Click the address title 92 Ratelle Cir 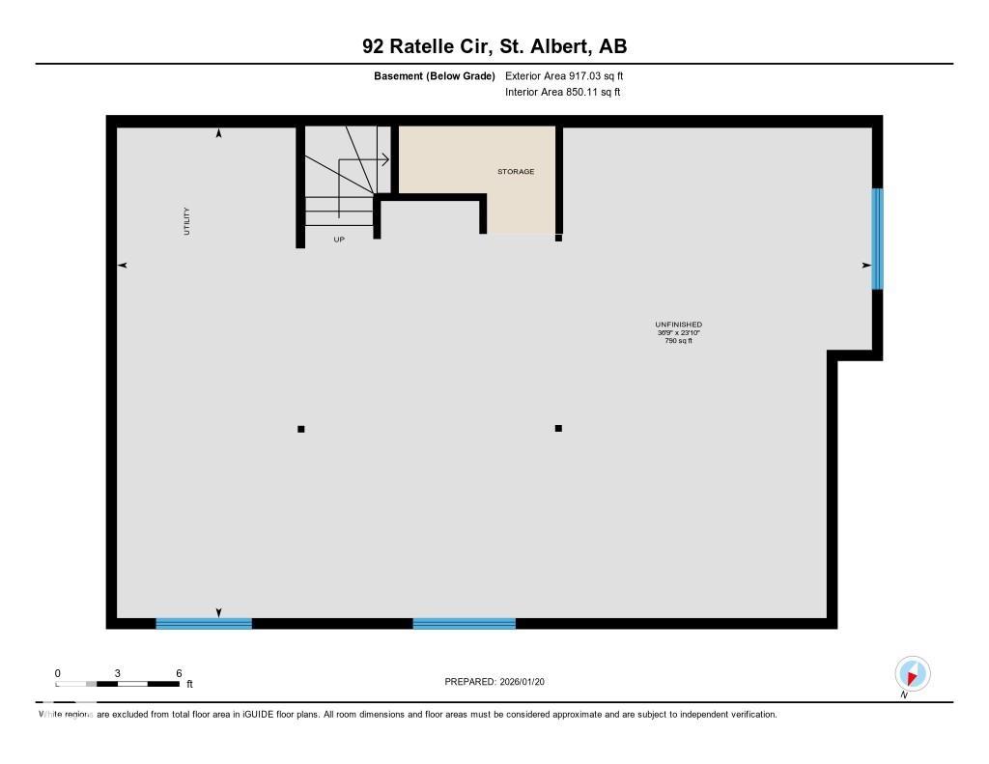494,46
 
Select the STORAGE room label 516,172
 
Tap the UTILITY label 187,221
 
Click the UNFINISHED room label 678,325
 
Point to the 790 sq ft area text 678,341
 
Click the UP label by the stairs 339,240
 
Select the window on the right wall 877,239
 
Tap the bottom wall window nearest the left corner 204,624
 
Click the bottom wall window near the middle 464,624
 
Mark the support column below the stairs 301,429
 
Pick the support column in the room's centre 558,428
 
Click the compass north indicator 912,674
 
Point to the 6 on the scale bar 179,672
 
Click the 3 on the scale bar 117,672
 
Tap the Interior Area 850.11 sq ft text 562,93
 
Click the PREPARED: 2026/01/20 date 501,682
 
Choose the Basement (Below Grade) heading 435,75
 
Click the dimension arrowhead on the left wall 123,265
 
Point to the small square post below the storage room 558,238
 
